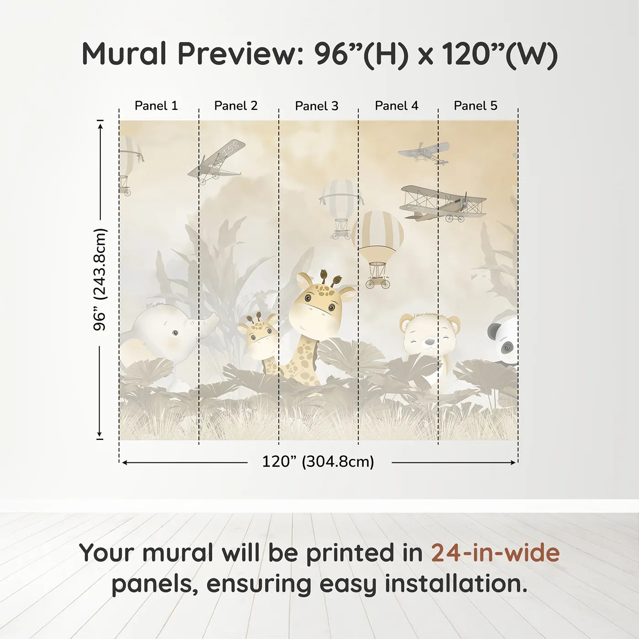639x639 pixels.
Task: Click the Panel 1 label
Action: point(156,106)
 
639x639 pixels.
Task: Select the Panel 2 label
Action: point(236,106)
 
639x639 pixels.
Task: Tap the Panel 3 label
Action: point(317,106)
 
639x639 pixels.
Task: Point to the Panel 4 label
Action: point(397,106)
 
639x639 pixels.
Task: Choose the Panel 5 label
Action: point(476,106)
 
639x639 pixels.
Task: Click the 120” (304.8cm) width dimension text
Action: point(318,462)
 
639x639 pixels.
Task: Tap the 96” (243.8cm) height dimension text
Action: point(100,279)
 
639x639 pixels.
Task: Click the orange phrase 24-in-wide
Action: point(495,553)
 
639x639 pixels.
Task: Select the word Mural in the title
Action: point(124,54)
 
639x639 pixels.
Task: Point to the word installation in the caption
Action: point(456,584)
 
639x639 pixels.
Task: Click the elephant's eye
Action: point(175,333)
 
